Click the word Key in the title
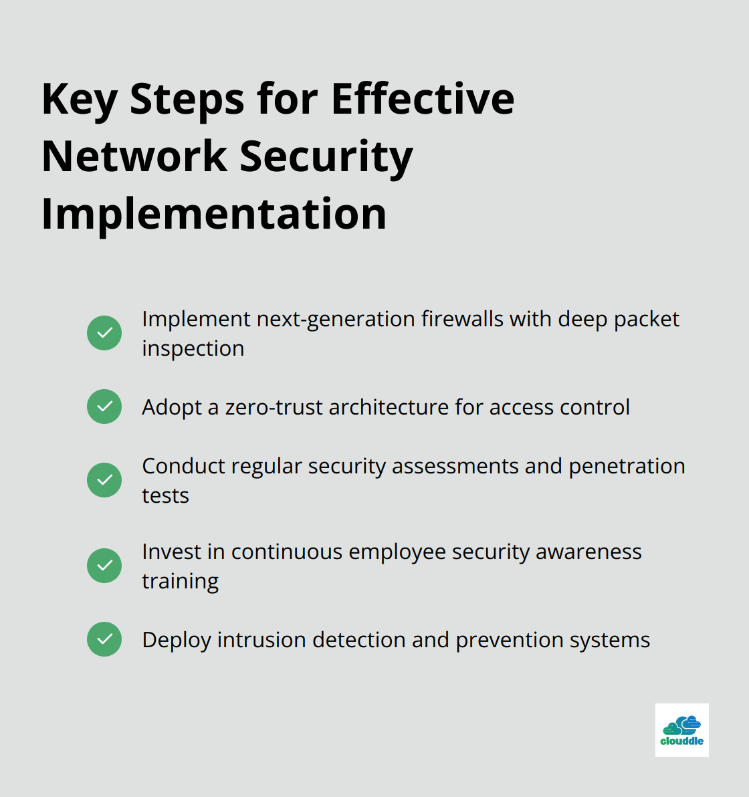(x=79, y=100)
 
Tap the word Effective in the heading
(x=423, y=98)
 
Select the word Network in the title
(x=134, y=156)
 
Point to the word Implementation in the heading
(x=214, y=213)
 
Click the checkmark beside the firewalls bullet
(x=104, y=333)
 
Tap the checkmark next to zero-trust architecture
(x=104, y=407)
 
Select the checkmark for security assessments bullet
(x=104, y=480)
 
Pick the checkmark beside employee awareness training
(x=104, y=566)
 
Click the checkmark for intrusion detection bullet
(x=104, y=639)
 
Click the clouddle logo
(x=681, y=730)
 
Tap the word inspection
(x=193, y=348)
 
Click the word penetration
(x=627, y=466)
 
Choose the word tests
(x=165, y=495)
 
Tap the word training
(x=180, y=581)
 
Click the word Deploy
(x=177, y=640)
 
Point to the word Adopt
(x=172, y=407)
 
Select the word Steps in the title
(x=187, y=100)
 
